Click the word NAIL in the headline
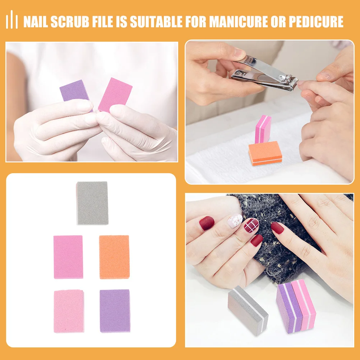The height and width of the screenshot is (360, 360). click(x=35, y=22)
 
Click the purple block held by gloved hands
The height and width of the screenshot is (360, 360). click(x=74, y=91)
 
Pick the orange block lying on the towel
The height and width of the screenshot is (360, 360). click(x=265, y=153)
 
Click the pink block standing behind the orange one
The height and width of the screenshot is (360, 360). click(x=263, y=129)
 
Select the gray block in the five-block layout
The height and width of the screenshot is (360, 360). click(x=92, y=203)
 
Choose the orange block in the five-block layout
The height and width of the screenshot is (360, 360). click(x=114, y=257)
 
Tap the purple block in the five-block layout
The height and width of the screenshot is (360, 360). click(x=115, y=310)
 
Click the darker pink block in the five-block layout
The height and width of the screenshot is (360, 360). click(x=68, y=257)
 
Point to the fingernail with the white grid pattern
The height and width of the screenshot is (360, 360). click(x=251, y=225)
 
